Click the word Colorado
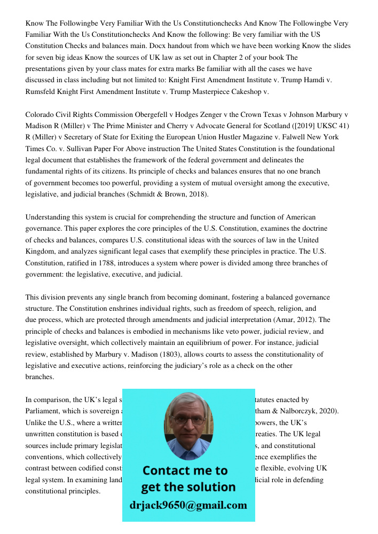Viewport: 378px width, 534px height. tap(41, 115)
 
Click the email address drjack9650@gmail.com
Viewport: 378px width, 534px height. tap(188, 505)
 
